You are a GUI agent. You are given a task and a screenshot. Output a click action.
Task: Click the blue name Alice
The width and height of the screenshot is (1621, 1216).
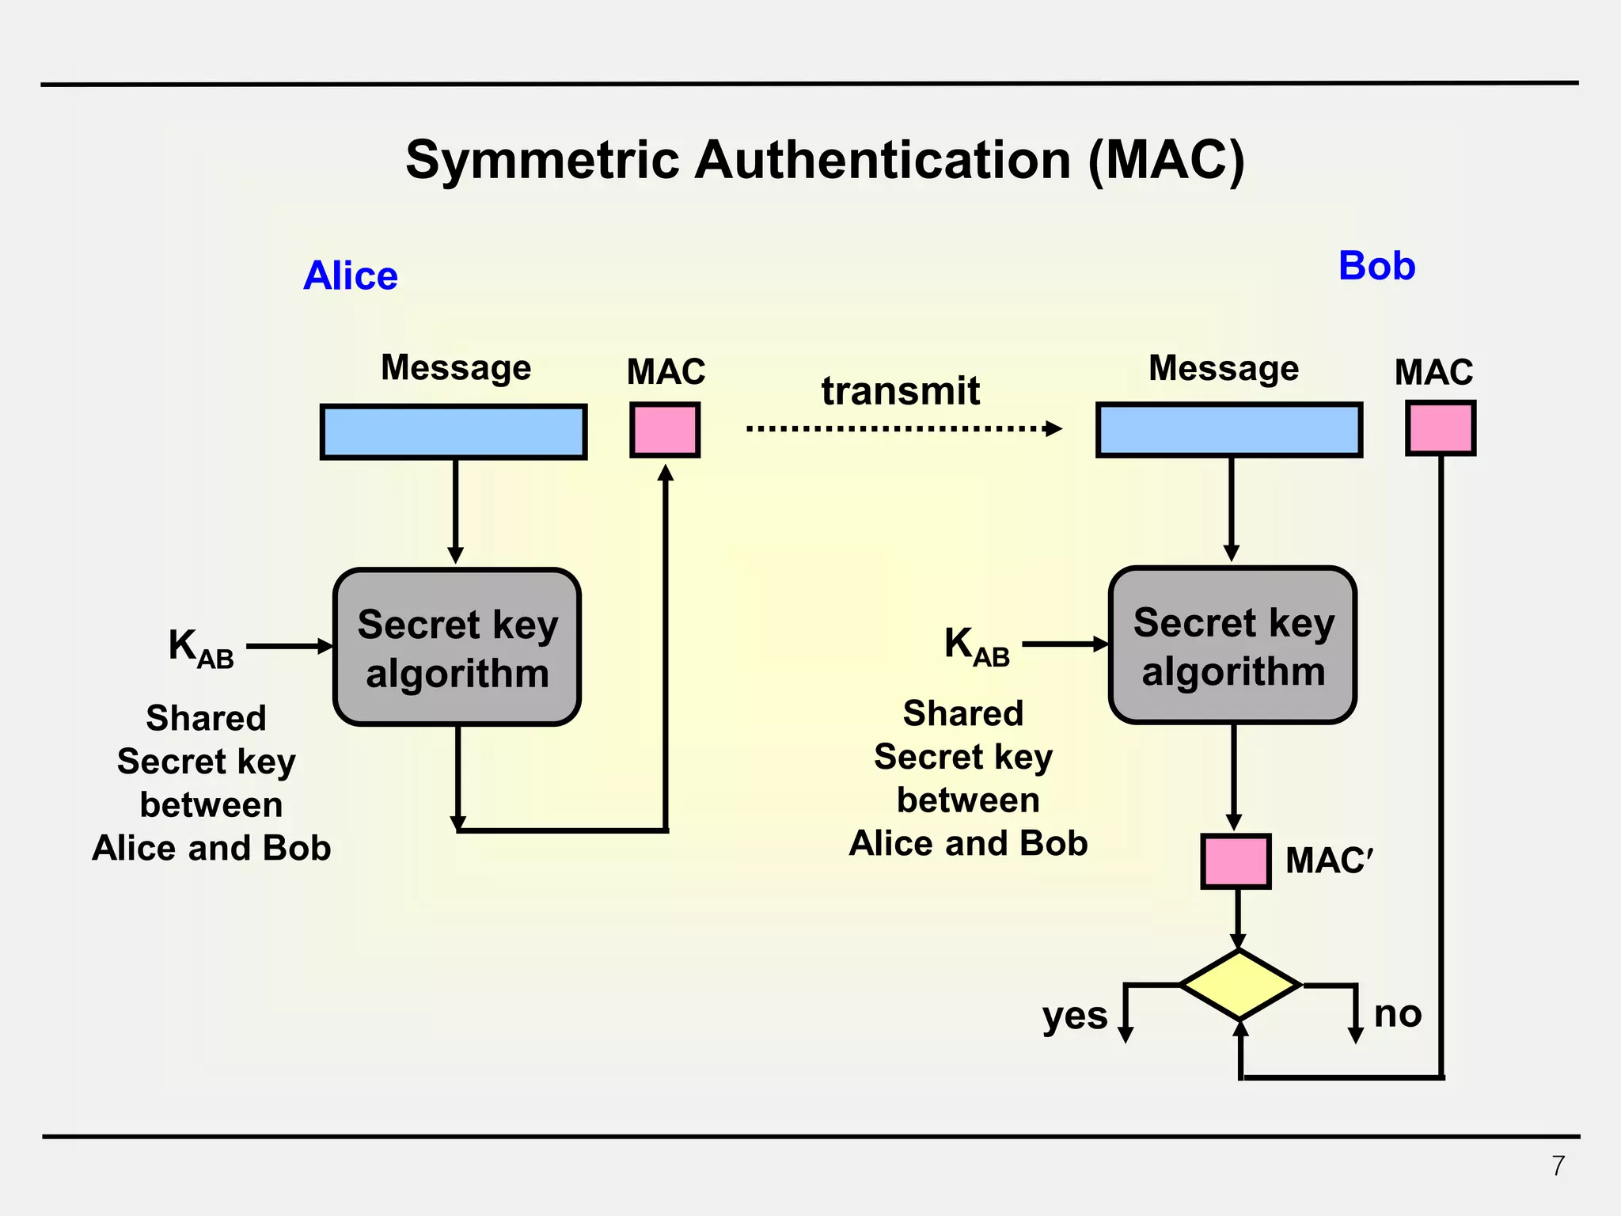click(351, 276)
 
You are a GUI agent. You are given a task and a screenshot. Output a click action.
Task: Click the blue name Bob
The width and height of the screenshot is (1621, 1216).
click(1376, 266)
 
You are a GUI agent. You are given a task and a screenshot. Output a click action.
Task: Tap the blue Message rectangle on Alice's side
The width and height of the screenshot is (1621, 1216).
click(454, 431)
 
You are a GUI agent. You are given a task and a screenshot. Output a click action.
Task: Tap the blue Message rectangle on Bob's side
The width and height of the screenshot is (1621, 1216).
click(1229, 430)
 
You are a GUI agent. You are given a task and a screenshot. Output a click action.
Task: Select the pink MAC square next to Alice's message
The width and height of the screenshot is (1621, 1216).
click(665, 430)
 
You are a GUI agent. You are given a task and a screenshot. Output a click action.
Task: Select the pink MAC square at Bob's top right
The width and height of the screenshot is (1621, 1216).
click(1441, 428)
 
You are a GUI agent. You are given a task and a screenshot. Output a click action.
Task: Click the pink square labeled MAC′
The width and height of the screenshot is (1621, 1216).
click(1236, 861)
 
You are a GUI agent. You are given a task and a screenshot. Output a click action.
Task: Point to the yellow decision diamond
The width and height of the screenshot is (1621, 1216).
click(1239, 985)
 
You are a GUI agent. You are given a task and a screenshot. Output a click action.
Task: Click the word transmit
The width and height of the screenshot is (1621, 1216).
click(900, 391)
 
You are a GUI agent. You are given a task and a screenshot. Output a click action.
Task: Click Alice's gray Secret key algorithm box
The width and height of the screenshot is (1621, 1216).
click(457, 647)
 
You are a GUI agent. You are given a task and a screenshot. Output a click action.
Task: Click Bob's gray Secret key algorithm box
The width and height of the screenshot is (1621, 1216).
click(1232, 645)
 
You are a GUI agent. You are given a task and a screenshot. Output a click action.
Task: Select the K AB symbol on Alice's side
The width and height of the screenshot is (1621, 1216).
click(200, 648)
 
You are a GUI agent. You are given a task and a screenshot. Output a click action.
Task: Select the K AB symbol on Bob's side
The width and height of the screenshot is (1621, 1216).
click(977, 646)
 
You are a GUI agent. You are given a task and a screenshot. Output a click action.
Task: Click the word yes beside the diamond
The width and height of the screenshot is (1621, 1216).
click(1074, 1016)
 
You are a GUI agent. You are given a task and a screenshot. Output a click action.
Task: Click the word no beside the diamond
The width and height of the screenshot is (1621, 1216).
click(1398, 1013)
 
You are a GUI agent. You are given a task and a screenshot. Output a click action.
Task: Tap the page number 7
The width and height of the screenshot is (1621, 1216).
click(1558, 1166)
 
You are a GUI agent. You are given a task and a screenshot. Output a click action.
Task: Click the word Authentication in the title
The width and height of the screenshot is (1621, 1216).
click(883, 160)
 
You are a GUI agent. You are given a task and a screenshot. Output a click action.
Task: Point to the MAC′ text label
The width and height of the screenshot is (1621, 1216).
click(1328, 861)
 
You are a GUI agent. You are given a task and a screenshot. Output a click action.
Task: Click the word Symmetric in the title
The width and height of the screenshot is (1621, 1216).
click(543, 160)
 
